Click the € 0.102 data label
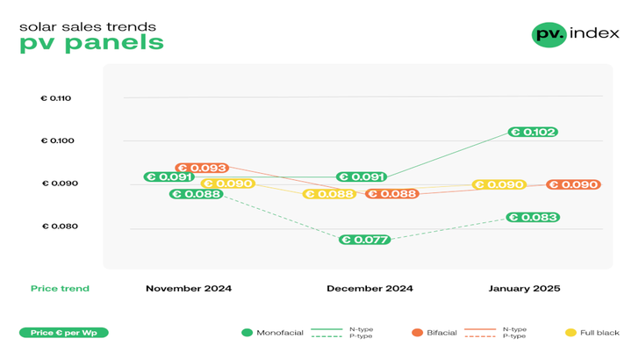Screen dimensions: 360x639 (x=532, y=133)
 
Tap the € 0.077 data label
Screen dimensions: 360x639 (x=364, y=240)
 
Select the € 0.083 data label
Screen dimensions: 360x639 (x=532, y=218)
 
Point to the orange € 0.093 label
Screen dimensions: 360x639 (x=202, y=168)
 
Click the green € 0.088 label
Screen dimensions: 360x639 (x=196, y=194)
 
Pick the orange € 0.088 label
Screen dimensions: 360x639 (x=391, y=194)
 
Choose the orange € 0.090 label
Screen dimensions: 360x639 (x=573, y=185)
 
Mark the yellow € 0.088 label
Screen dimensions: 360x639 (x=329, y=194)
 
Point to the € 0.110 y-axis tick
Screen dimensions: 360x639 (x=55, y=98)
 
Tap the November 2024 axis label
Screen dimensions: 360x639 (x=189, y=289)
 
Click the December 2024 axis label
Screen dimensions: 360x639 (x=370, y=289)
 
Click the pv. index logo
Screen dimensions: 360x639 (x=575, y=34)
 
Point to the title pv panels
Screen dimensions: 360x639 (x=91, y=43)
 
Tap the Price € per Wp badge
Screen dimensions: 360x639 (x=64, y=334)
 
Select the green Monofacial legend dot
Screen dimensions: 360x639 (x=248, y=334)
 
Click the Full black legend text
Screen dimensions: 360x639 (x=600, y=334)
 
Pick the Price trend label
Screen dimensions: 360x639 (x=60, y=289)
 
